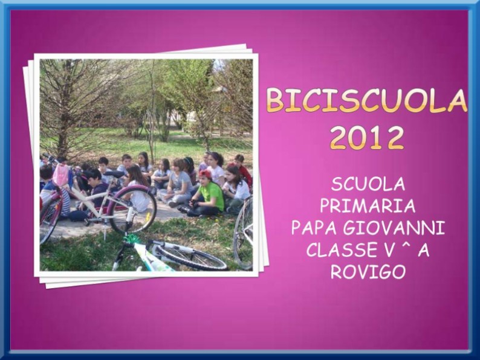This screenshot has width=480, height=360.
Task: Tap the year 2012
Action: (366, 137)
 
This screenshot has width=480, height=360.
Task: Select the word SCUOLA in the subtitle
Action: (368, 184)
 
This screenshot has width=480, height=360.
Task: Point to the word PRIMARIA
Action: (368, 206)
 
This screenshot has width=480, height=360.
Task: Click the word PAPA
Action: (315, 228)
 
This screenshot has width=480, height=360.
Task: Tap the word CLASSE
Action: (340, 250)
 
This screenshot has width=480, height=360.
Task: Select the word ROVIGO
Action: (368, 272)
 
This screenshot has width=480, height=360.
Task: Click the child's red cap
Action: (206, 174)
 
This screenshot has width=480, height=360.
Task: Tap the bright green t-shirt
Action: (212, 196)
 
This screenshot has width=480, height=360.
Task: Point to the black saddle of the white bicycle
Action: (114, 174)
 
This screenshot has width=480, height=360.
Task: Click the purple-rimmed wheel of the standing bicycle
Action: (133, 210)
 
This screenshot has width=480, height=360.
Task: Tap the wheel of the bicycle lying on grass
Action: (189, 256)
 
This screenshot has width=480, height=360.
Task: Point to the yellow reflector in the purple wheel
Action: (148, 217)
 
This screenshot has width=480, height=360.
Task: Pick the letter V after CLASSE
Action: (387, 250)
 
